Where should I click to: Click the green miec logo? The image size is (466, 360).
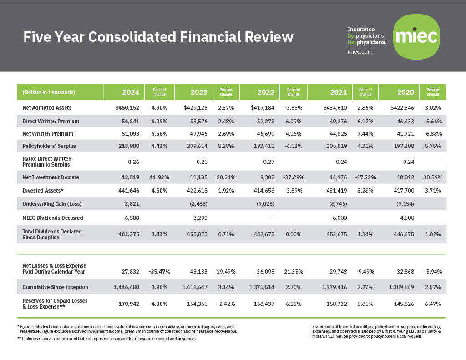pos(416,36)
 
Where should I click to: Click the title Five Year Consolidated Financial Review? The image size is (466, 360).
pos(158,37)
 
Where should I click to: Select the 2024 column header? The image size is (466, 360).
pos(131,92)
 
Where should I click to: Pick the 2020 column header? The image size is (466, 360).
pos(405,92)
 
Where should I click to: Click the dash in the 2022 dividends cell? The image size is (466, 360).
pos(272,218)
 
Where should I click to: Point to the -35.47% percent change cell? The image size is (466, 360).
pos(159,272)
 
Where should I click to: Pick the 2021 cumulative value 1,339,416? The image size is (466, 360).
pos(334,287)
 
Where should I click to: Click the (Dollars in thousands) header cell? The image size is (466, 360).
pos(49,92)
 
